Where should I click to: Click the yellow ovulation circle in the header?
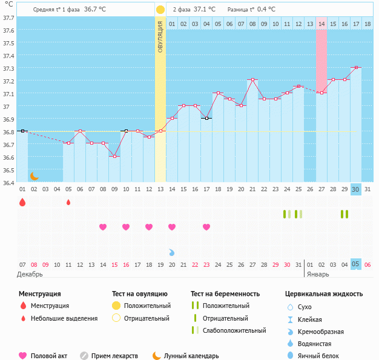tap(160, 10)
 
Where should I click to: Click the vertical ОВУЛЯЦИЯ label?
tap(160, 37)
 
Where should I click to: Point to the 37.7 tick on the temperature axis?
tap(8, 18)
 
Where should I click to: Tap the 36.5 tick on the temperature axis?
tap(8, 170)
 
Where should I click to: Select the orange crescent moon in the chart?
tap(35, 175)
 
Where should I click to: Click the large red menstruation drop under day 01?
tap(22, 202)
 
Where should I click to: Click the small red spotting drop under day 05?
tap(68, 202)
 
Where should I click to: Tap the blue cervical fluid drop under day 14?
tap(172, 252)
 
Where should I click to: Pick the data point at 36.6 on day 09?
tap(114, 156)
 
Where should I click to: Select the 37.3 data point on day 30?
tap(356, 68)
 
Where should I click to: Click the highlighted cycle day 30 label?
tap(356, 189)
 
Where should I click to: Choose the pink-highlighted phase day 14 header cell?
tap(321, 24)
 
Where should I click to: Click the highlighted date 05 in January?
tap(356, 264)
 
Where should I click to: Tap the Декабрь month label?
tap(30, 274)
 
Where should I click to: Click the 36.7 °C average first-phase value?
tap(94, 10)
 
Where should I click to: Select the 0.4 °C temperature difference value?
tap(266, 10)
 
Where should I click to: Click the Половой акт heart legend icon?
tap(24, 356)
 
